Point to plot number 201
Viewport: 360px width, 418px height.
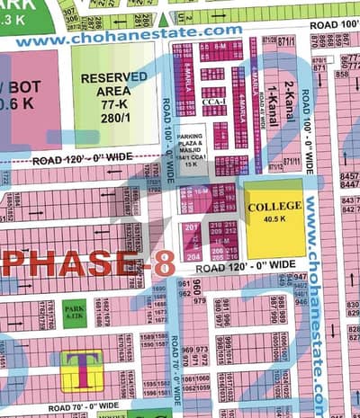tap(191, 227)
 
